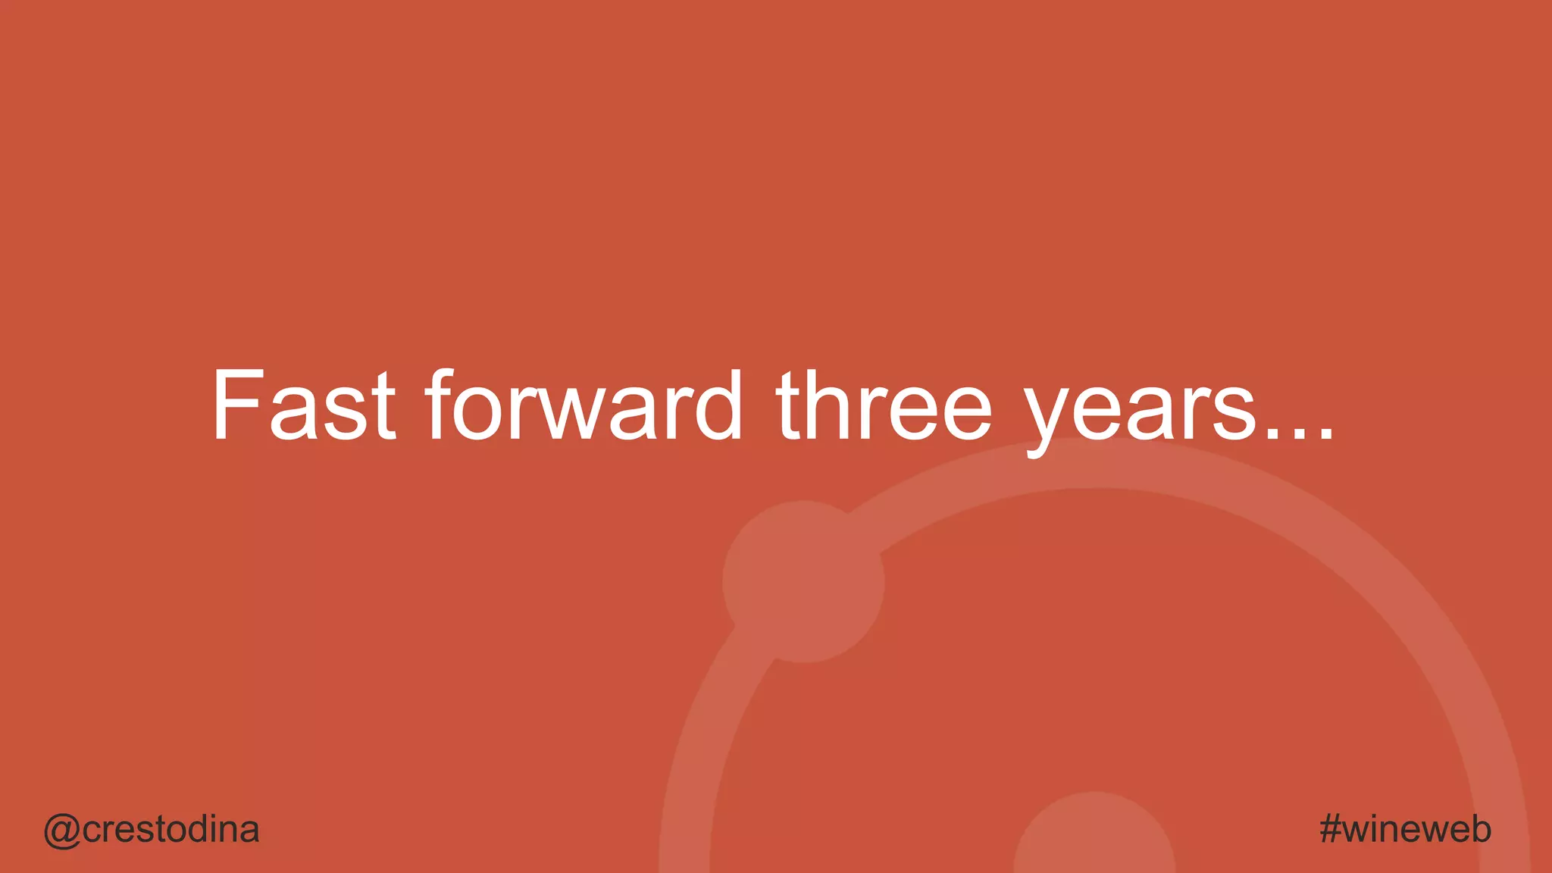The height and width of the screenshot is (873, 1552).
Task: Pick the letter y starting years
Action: (1050, 417)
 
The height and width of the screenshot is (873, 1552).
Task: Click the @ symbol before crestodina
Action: (61, 831)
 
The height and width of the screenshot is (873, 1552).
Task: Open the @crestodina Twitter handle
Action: (152, 830)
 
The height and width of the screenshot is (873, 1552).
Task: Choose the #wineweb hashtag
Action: (1405, 829)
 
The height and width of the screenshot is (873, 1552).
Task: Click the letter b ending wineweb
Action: (1478, 828)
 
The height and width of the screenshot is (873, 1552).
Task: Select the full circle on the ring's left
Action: (803, 581)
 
